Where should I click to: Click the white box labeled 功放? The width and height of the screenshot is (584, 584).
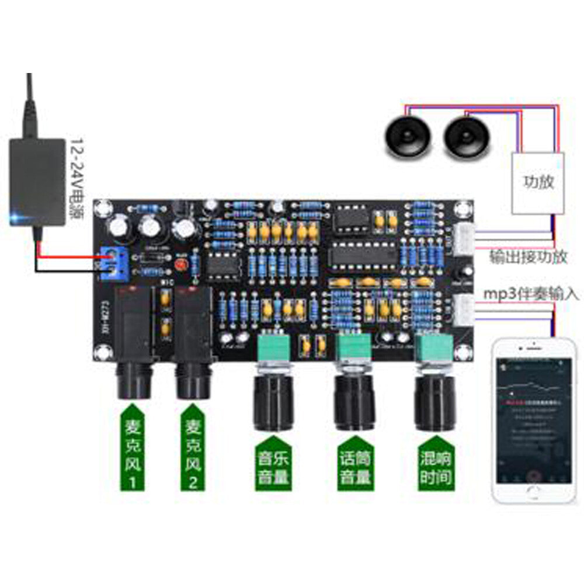click(x=538, y=183)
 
